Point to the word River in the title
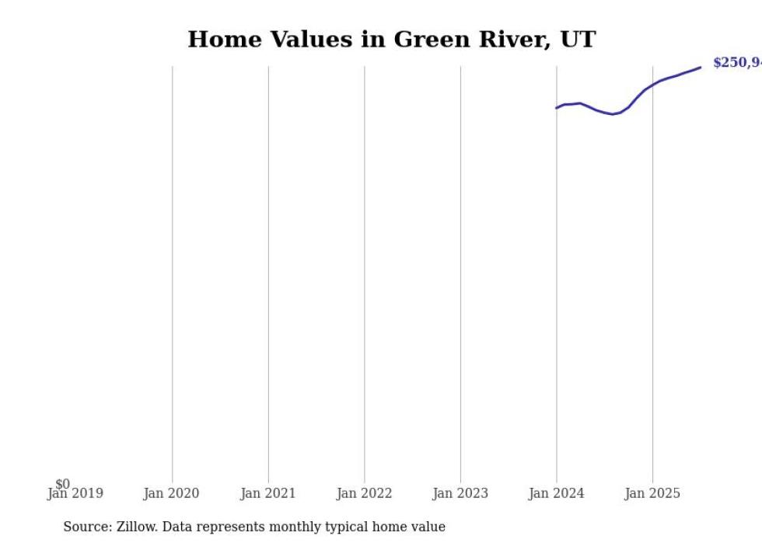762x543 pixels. pos(509,40)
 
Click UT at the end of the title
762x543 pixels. pos(579,40)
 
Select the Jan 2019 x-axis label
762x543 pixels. pos(75,493)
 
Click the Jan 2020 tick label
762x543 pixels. pos(171,493)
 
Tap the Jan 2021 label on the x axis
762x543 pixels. pos(267,493)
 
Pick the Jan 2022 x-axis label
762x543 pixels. pos(364,493)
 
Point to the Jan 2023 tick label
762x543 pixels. pos(460,493)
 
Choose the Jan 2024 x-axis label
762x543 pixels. pos(556,493)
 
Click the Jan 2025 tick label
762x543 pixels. pos(652,493)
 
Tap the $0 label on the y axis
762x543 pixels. pos(62,484)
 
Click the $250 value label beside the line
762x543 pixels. pos(736,63)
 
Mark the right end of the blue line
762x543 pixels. pos(701,67)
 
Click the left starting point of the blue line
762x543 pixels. pos(556,108)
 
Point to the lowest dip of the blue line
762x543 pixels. pos(613,114)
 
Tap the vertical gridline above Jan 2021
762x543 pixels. pos(268,272)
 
